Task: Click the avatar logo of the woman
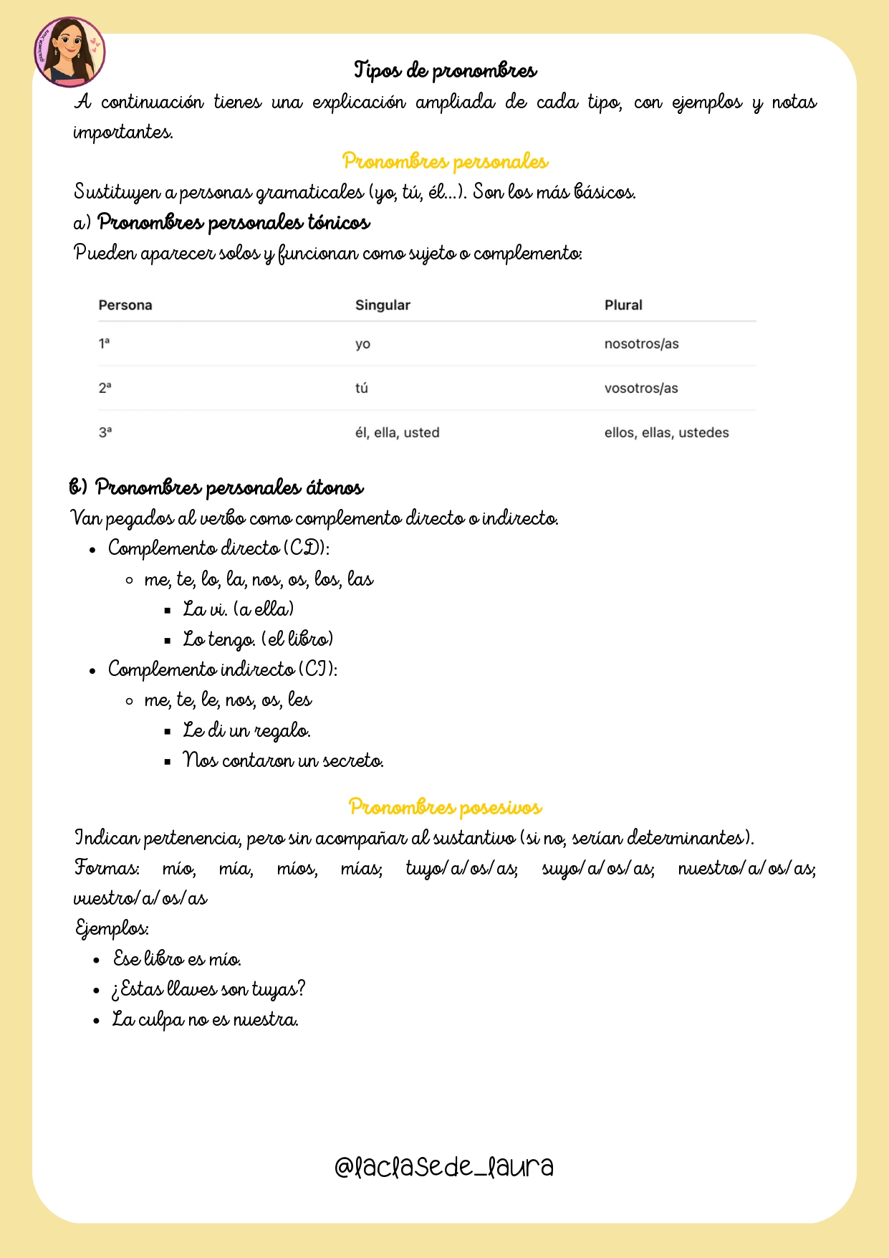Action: (x=69, y=52)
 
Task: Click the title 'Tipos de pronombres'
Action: (x=445, y=70)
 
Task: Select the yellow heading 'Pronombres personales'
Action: (x=445, y=161)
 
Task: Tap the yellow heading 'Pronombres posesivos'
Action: (x=445, y=807)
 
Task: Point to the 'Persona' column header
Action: (x=125, y=305)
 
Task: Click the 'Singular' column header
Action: (x=383, y=305)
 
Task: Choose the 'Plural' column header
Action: (x=623, y=305)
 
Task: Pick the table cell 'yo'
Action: (x=362, y=344)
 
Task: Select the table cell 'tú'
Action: (x=362, y=389)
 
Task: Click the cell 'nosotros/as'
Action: (x=641, y=344)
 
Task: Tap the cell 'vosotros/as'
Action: (x=640, y=389)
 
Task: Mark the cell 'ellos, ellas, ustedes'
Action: (x=666, y=433)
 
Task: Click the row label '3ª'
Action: (x=105, y=433)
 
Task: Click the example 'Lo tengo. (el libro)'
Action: (x=258, y=639)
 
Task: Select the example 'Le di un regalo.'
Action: (x=246, y=730)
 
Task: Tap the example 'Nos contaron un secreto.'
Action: (x=283, y=761)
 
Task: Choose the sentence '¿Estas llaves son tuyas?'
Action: (x=208, y=990)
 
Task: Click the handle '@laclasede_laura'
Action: (x=444, y=1167)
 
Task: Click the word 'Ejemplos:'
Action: (x=112, y=929)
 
